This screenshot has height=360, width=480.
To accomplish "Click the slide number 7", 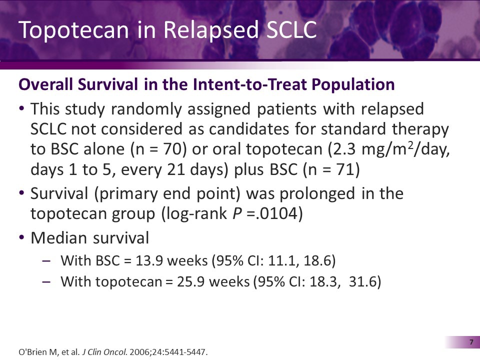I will [x=471, y=342].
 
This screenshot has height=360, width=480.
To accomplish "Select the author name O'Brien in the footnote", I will [x=33, y=352].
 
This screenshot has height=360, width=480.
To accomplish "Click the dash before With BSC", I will [x=46, y=260].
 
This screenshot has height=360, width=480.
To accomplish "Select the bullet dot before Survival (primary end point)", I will [x=21, y=193].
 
